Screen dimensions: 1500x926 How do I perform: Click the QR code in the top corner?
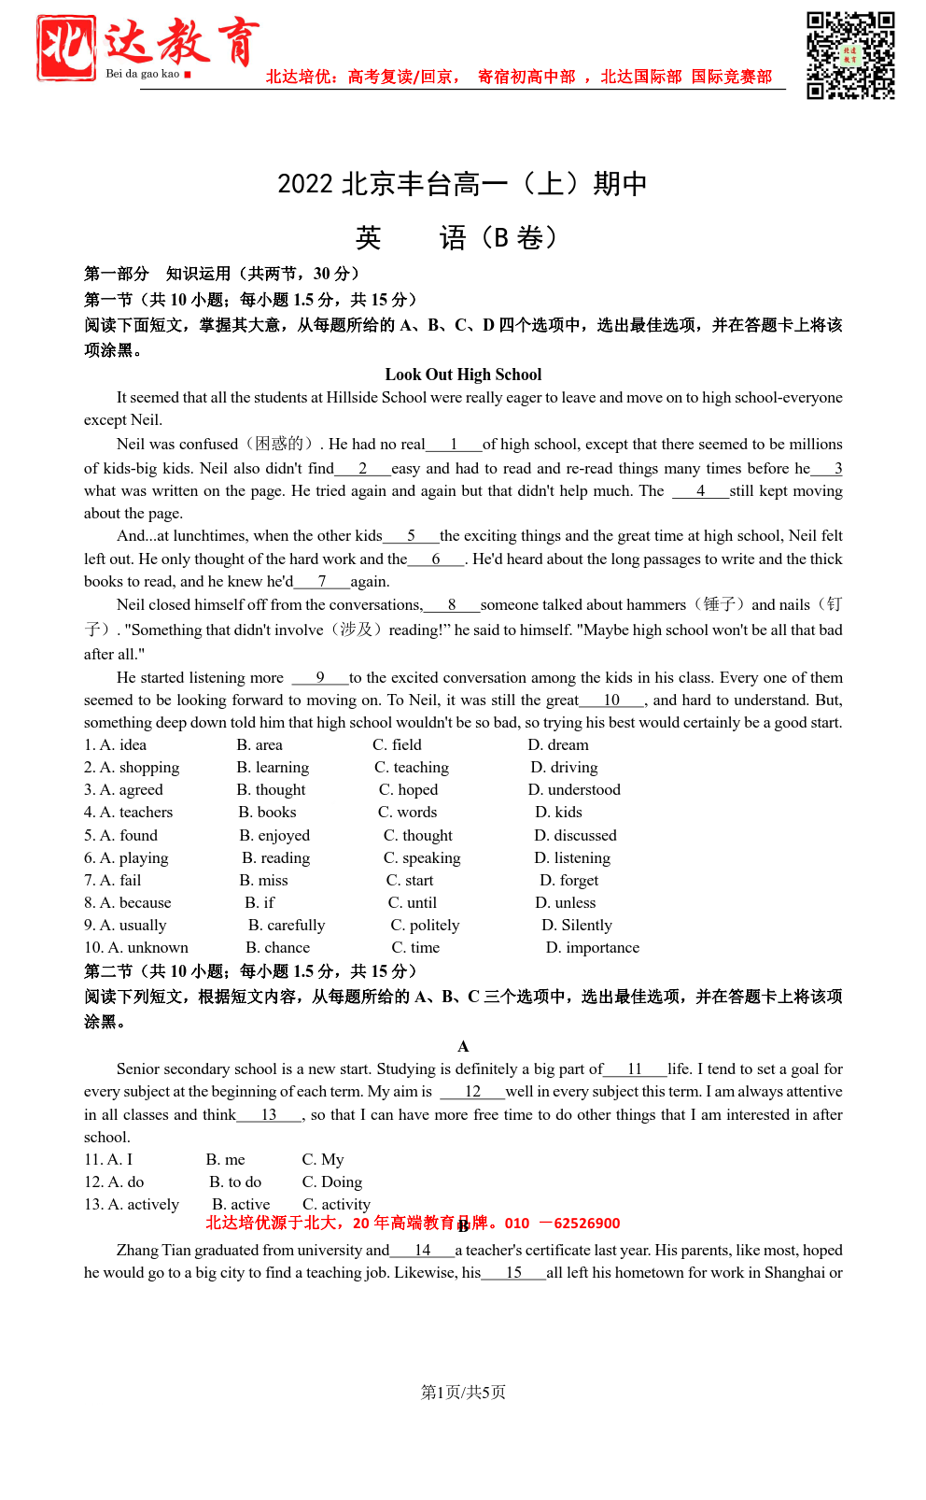click(x=850, y=55)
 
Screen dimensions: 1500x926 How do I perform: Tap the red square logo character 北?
click(x=66, y=48)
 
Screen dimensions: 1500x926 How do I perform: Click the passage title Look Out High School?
click(x=463, y=375)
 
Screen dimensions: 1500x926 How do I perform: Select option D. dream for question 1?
click(x=558, y=744)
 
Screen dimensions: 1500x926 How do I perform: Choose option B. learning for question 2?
click(x=273, y=767)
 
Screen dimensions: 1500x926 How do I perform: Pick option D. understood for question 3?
click(x=574, y=789)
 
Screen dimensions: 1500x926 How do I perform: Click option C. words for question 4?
click(x=408, y=812)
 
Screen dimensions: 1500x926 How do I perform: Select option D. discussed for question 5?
click(x=575, y=835)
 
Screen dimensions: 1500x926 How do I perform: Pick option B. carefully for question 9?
click(x=287, y=925)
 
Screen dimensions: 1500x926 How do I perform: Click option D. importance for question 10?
click(x=593, y=947)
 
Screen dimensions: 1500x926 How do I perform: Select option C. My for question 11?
click(x=323, y=1159)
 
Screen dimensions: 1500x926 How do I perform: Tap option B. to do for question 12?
click(x=235, y=1182)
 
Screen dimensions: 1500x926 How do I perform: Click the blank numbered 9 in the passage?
click(x=320, y=678)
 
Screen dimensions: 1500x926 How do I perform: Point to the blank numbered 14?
click(x=422, y=1251)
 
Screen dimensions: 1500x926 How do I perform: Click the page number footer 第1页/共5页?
click(x=463, y=1392)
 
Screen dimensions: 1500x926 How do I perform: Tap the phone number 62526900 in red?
click(x=586, y=1224)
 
